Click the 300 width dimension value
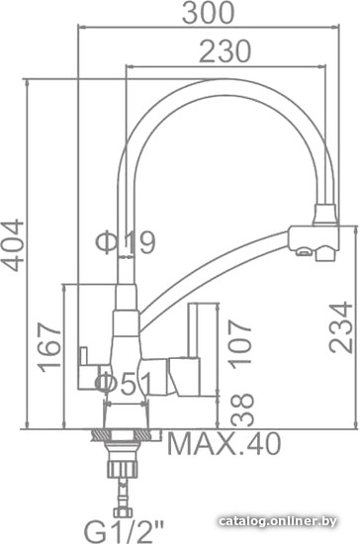pos(209,13)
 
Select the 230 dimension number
pos(225,51)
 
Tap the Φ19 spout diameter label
pos(126,242)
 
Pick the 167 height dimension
pos(50,347)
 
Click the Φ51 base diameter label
pos(124,384)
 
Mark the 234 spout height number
pos(341,327)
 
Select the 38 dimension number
pos(242,409)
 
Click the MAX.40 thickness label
pos(225,444)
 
